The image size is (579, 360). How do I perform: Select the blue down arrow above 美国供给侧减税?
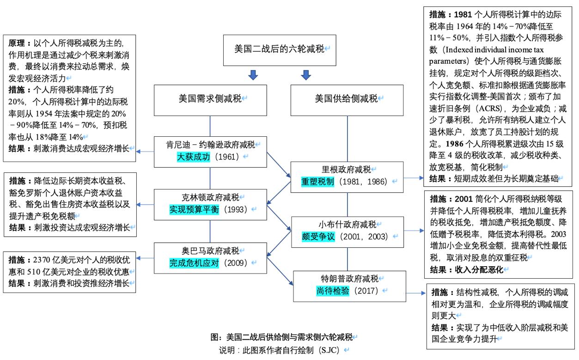(305, 75)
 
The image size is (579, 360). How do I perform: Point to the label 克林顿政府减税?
(210, 197)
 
